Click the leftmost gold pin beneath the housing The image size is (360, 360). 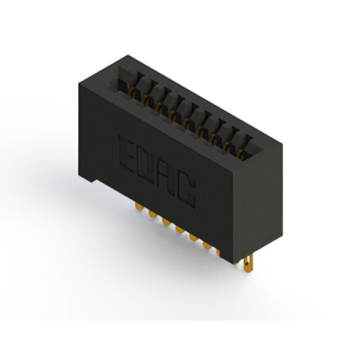139,206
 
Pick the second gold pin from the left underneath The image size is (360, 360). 152,214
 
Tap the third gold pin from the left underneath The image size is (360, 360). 166,222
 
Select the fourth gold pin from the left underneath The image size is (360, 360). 180,230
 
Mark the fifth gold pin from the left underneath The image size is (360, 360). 193,237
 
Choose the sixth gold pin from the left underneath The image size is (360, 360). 207,245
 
